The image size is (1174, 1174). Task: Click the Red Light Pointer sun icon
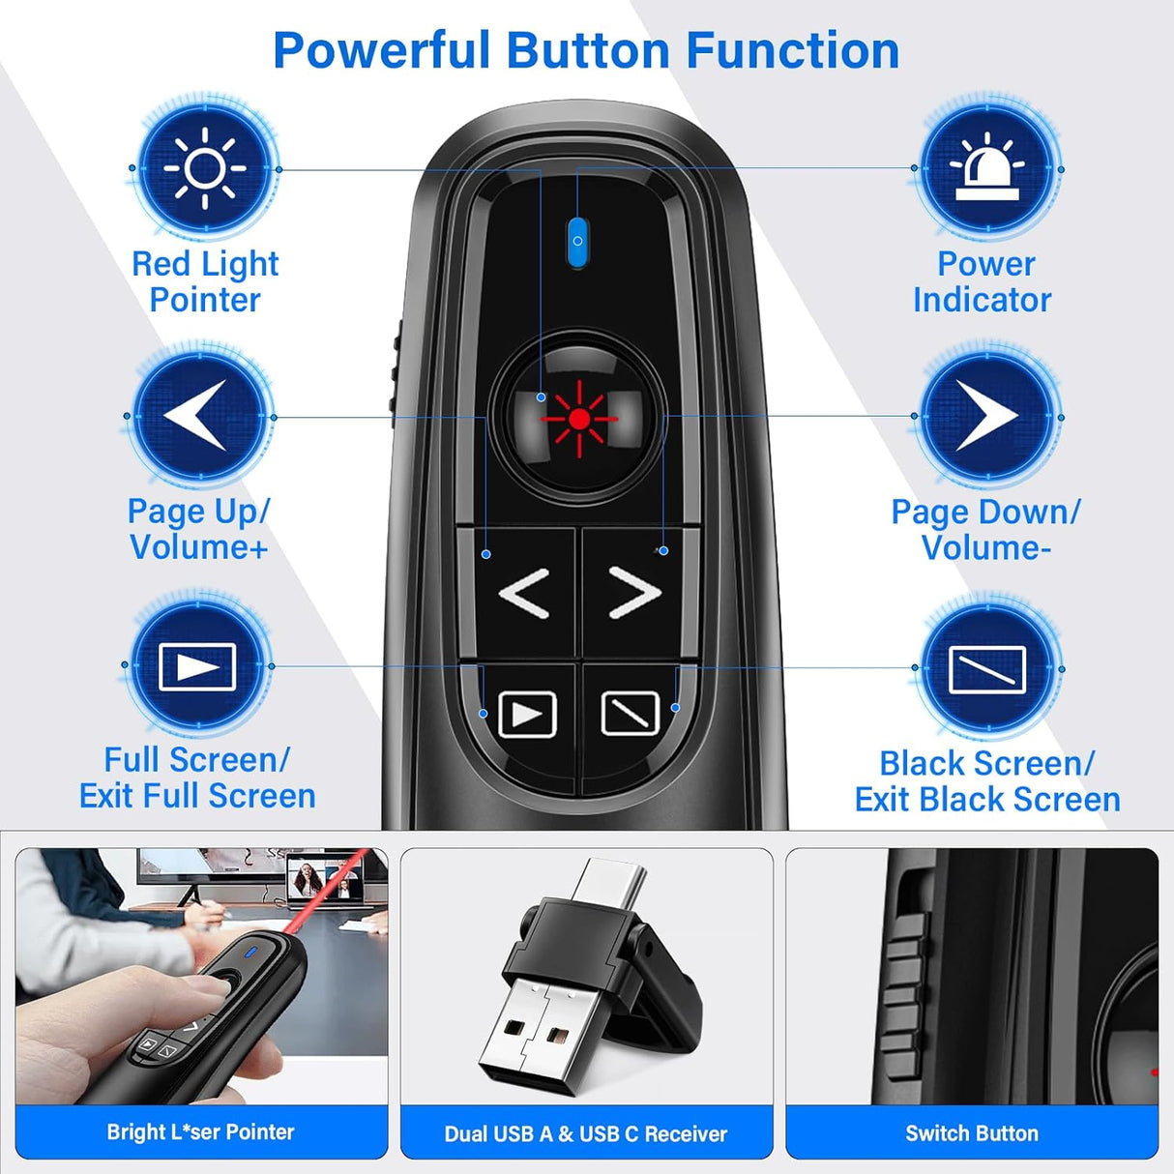coord(205,169)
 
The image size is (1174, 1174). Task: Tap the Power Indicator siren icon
coord(987,169)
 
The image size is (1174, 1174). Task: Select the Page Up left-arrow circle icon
coord(199,416)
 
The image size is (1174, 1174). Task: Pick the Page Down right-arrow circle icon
coord(987,416)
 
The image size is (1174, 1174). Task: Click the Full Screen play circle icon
coord(198,665)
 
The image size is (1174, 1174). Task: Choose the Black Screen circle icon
coord(987,668)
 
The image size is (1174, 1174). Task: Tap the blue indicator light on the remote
coord(577,240)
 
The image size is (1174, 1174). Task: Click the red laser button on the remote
coord(578,418)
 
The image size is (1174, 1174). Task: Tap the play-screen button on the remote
coord(527,716)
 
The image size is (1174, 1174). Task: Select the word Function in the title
coord(793,50)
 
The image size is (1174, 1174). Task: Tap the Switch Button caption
coord(972,1133)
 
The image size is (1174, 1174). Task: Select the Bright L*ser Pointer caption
coord(200,1132)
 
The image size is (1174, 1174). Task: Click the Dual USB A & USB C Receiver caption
coord(586,1133)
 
